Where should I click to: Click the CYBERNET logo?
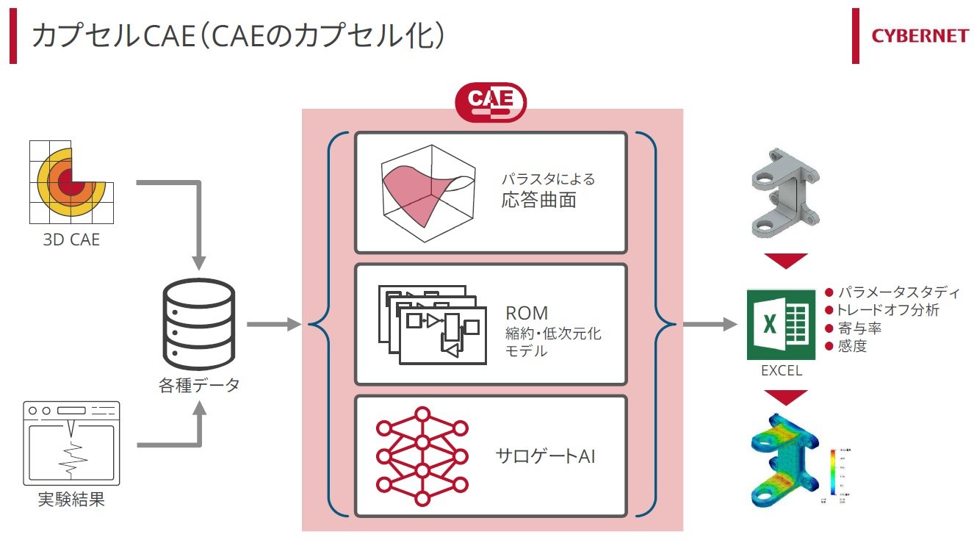coord(920,36)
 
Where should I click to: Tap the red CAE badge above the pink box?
coord(491,102)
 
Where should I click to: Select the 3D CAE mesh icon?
coord(71,183)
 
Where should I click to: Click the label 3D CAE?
coord(71,239)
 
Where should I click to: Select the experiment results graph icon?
coord(71,442)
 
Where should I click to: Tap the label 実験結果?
coord(71,500)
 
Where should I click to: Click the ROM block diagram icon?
coord(432,323)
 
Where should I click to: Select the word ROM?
coord(527,313)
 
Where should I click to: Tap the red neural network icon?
coord(422,456)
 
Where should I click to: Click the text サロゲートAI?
coord(545,456)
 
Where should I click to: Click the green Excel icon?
coord(780,324)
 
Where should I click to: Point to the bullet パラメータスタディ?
coord(898,292)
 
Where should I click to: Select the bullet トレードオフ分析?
coord(887,310)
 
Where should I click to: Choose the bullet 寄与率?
coord(859,328)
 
